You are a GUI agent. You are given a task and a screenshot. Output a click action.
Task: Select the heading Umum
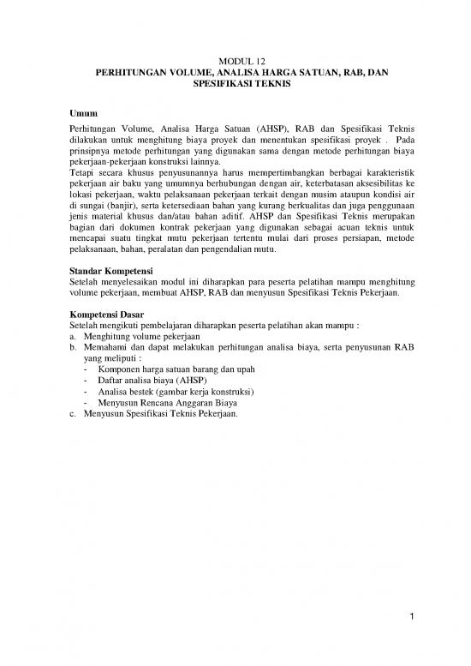tap(82, 114)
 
